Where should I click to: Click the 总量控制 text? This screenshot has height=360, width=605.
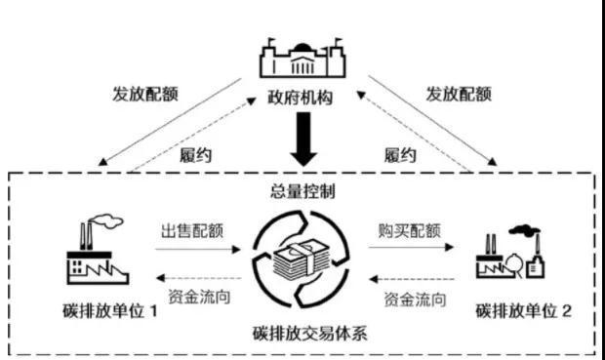[x=302, y=188]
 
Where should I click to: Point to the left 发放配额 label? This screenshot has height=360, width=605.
[x=145, y=96]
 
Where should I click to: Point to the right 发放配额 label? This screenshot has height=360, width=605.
[x=458, y=96]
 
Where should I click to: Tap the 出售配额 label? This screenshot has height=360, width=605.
[x=193, y=231]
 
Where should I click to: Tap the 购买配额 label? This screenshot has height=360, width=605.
[x=410, y=231]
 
